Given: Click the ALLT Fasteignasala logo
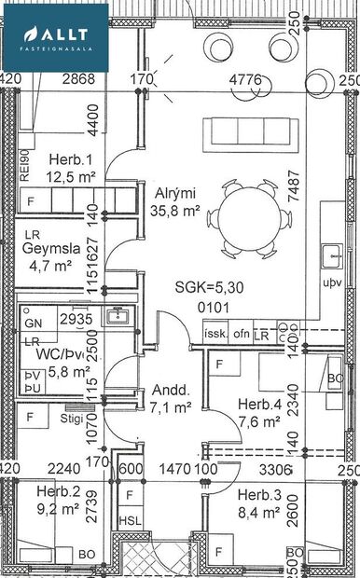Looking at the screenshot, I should tap(56, 36).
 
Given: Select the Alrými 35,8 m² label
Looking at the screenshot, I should tap(178, 202).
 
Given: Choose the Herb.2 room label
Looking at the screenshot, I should tap(58, 501).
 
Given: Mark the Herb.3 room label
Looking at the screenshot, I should tap(258, 502).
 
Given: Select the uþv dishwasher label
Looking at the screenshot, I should tap(332, 280).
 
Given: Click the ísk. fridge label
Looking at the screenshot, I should tap(215, 333).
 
